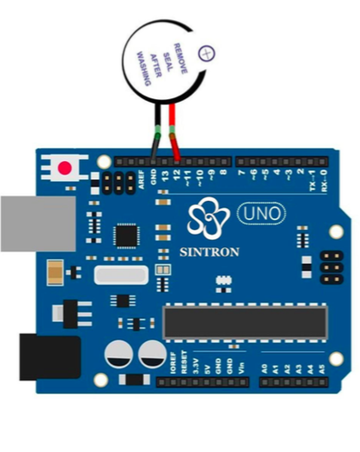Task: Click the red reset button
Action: tap(65, 167)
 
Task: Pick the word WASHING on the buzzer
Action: tap(141, 65)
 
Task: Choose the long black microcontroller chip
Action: tap(244, 320)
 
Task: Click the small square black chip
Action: tap(125, 235)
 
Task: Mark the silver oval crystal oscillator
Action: tap(116, 276)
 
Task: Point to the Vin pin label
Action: tap(243, 367)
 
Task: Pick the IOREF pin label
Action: tap(172, 364)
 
